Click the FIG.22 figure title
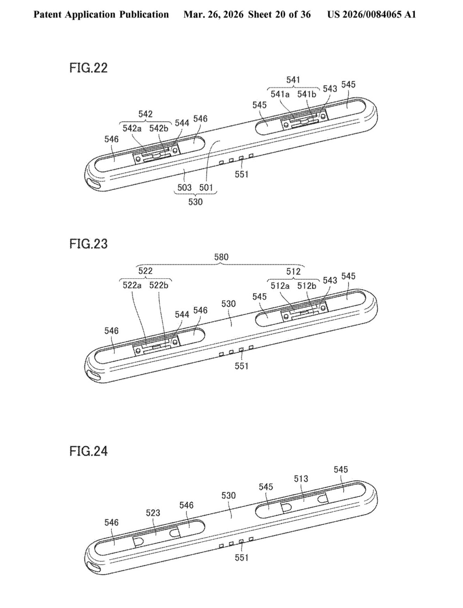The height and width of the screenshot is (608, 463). point(88,68)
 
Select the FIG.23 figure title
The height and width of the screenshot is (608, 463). point(88,244)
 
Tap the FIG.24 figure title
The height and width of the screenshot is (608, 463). point(88,451)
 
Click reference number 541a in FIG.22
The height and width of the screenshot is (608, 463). point(280,94)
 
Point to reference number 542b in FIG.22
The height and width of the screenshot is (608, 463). point(158,128)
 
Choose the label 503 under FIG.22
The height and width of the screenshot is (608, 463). point(184,187)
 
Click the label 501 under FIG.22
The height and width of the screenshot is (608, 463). point(206,187)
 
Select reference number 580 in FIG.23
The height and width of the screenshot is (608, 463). point(221,257)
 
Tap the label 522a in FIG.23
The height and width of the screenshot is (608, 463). point(132,285)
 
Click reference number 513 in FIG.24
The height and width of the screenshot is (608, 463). point(301,479)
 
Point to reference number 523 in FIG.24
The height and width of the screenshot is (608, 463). point(153,513)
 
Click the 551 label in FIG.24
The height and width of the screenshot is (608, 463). point(241,558)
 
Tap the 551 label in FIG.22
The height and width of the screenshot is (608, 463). point(241,174)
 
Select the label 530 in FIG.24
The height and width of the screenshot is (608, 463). point(228,495)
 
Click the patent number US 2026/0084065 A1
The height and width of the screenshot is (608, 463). point(371,15)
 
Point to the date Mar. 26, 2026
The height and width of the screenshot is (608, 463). point(213,15)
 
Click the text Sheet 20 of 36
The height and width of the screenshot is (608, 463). point(279,15)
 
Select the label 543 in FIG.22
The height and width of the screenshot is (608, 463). point(330,88)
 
